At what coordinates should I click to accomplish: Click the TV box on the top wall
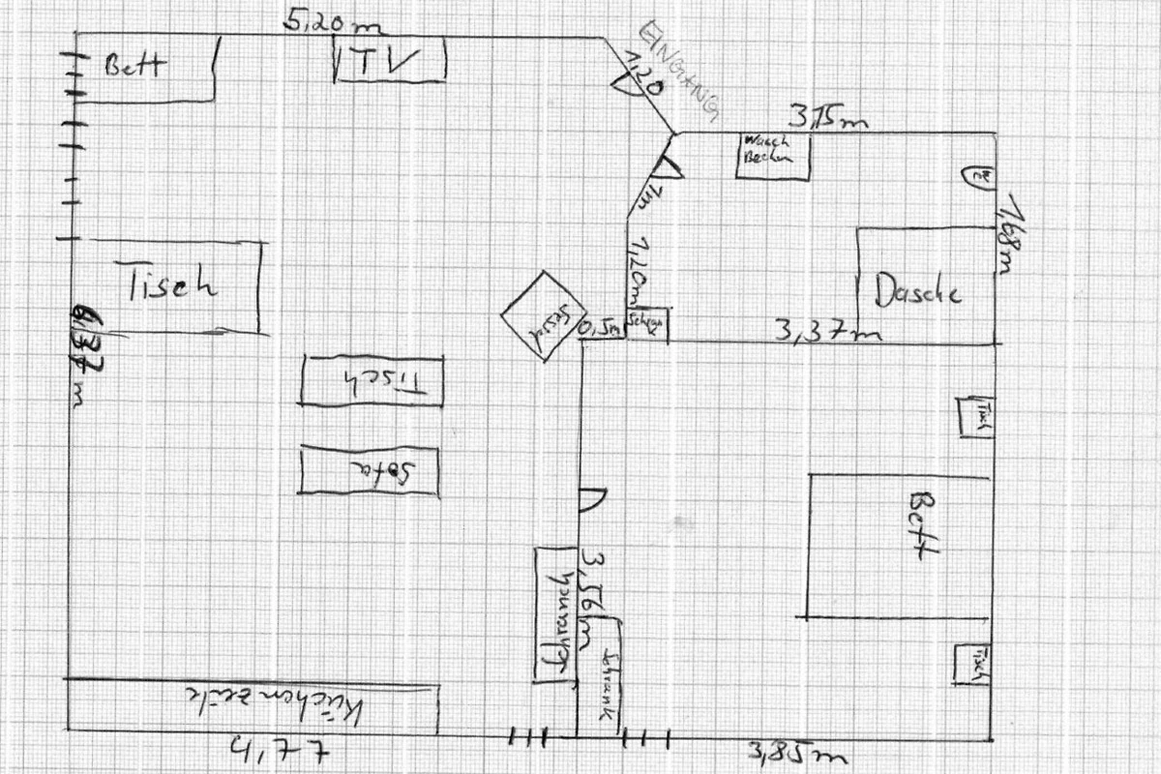(x=389, y=61)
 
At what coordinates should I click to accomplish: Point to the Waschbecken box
(x=771, y=155)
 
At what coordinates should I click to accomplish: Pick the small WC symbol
(x=979, y=176)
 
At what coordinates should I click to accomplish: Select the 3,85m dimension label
(x=794, y=751)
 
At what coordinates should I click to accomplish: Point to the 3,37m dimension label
(x=827, y=332)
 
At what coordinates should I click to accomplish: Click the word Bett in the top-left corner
(x=134, y=66)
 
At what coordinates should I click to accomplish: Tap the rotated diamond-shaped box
(x=545, y=315)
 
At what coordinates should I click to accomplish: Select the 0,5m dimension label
(x=600, y=330)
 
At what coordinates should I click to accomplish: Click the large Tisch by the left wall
(x=174, y=286)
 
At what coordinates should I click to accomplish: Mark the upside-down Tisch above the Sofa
(x=372, y=380)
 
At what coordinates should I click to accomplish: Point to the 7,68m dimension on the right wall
(x=1010, y=234)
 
